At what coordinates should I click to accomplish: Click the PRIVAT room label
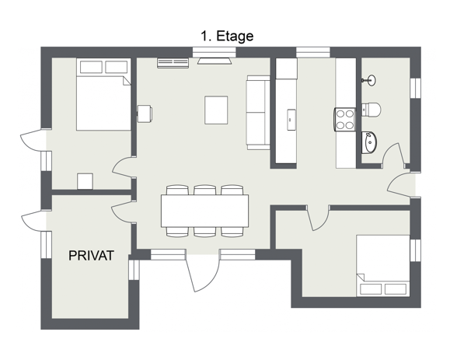point(91,255)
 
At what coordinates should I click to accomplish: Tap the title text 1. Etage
point(227,36)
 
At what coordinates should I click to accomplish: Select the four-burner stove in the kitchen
point(345,119)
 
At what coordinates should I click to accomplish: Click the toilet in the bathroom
point(371,110)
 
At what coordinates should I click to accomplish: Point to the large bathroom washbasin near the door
point(368,142)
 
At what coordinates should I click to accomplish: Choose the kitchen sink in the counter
point(291,120)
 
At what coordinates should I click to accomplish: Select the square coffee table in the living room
point(216,110)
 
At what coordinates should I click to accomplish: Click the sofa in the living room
point(258,113)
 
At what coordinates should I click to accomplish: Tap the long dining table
point(205,211)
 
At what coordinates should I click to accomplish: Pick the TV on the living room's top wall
point(215,61)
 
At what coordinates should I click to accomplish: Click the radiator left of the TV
point(173,63)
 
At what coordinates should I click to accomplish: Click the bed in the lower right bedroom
point(383,266)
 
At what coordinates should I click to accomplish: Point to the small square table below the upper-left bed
point(85,181)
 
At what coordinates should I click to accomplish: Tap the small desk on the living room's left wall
point(145,114)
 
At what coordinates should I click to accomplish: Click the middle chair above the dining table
point(205,190)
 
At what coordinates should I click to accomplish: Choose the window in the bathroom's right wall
point(415,89)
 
